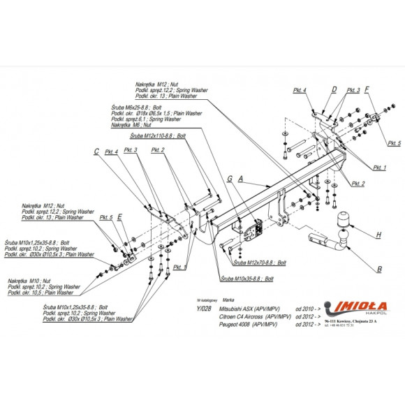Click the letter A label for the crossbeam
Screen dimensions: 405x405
(240, 178)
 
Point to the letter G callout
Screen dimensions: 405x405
(229, 179)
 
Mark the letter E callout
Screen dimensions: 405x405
(119, 217)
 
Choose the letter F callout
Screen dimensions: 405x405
(367, 89)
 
